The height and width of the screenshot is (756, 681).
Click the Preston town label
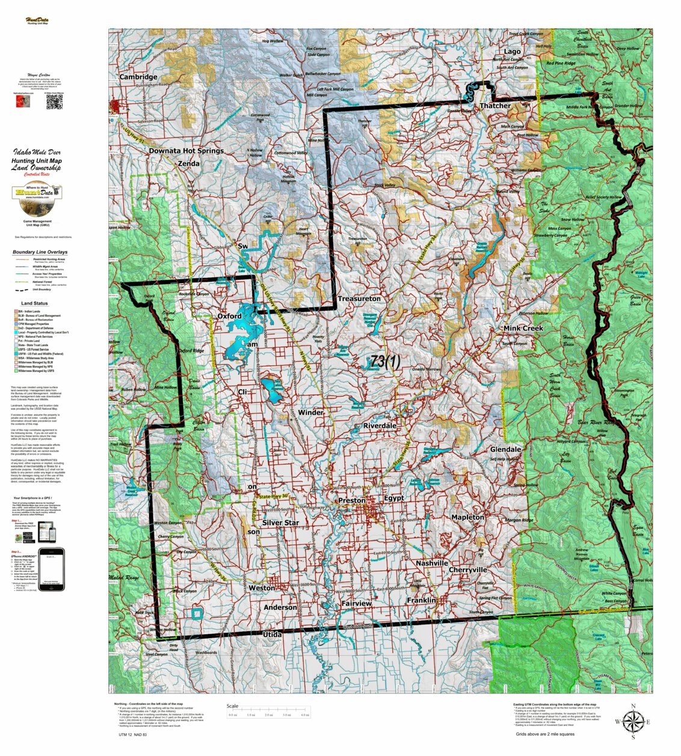coord(351,501)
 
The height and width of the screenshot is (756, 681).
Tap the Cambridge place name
coord(138,77)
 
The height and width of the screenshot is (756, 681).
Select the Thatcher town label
coord(495,106)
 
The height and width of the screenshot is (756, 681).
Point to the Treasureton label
coord(359,299)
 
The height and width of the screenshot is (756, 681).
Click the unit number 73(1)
coord(385,361)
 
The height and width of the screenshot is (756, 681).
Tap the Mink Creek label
coord(523,328)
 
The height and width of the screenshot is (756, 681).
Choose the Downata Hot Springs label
coord(186,151)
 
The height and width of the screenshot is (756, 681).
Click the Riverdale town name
coord(380,425)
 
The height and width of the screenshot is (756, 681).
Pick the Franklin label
coord(421,600)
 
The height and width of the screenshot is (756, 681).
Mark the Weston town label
coord(262,588)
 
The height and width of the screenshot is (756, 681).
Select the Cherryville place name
coord(467,570)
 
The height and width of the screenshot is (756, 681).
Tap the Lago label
coord(512,52)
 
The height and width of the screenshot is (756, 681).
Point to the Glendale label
coord(505,450)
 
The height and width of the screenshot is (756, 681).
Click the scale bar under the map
coord(268,715)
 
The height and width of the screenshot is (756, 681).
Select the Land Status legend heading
coord(34,303)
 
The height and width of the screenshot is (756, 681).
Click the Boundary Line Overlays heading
coord(40,252)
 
